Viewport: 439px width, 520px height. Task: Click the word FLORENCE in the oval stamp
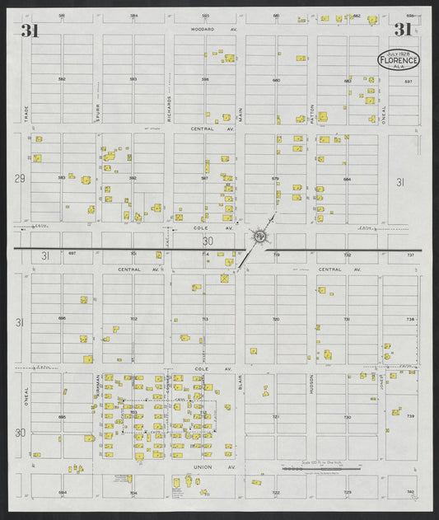[399, 60]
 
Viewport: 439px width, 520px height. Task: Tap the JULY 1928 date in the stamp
[399, 53]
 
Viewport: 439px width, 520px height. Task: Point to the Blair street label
[241, 382]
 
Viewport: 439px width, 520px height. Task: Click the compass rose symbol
[260, 237]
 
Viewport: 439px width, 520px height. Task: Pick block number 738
[410, 318]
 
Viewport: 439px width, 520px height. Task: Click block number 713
[205, 318]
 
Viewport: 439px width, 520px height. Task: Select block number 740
[410, 492]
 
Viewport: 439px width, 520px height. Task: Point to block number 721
[276, 417]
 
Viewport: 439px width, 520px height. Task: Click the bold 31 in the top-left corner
[30, 31]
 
